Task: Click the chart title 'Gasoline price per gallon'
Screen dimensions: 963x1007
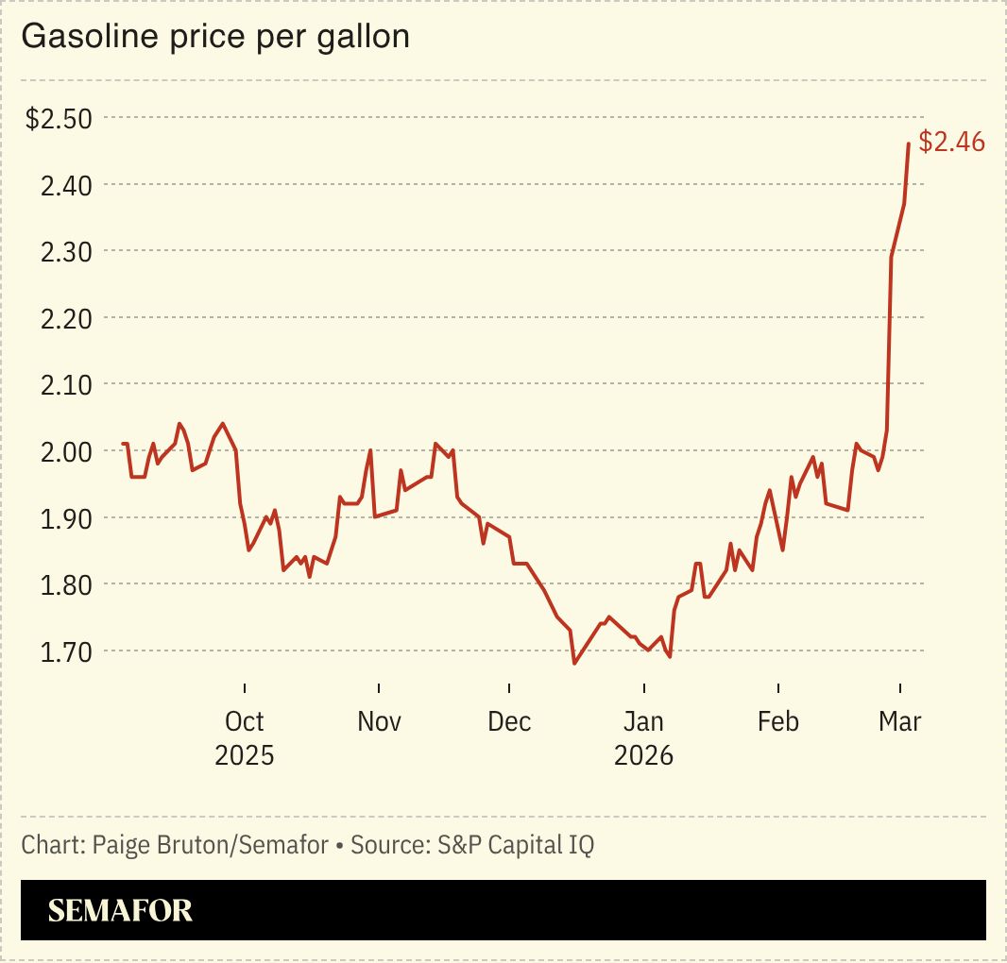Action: click(x=215, y=37)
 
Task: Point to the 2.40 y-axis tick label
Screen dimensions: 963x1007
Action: click(x=65, y=185)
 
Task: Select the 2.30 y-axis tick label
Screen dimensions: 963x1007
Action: click(x=65, y=252)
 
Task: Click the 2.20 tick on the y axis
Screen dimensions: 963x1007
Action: click(x=65, y=318)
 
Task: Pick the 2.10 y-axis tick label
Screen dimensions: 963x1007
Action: click(x=65, y=385)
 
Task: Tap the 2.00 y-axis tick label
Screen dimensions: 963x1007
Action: click(x=65, y=451)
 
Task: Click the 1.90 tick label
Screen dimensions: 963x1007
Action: click(x=65, y=518)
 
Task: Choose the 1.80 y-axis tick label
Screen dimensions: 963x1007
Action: click(x=65, y=584)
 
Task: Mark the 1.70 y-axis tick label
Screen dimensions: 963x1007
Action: click(x=65, y=651)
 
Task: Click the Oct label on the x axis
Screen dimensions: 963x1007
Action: click(x=245, y=722)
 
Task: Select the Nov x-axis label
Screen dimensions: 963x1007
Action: click(x=379, y=722)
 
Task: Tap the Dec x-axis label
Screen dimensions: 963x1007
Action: click(x=509, y=722)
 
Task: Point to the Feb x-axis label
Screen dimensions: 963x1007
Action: click(x=778, y=722)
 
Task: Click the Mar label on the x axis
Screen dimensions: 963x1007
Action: click(x=899, y=722)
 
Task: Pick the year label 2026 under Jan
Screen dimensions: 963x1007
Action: click(x=643, y=756)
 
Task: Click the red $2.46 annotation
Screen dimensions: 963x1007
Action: click(x=951, y=143)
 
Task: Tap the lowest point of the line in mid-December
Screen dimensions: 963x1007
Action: click(x=574, y=664)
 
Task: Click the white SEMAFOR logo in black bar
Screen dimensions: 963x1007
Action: click(x=120, y=910)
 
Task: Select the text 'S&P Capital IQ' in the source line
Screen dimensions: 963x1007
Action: click(x=515, y=844)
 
